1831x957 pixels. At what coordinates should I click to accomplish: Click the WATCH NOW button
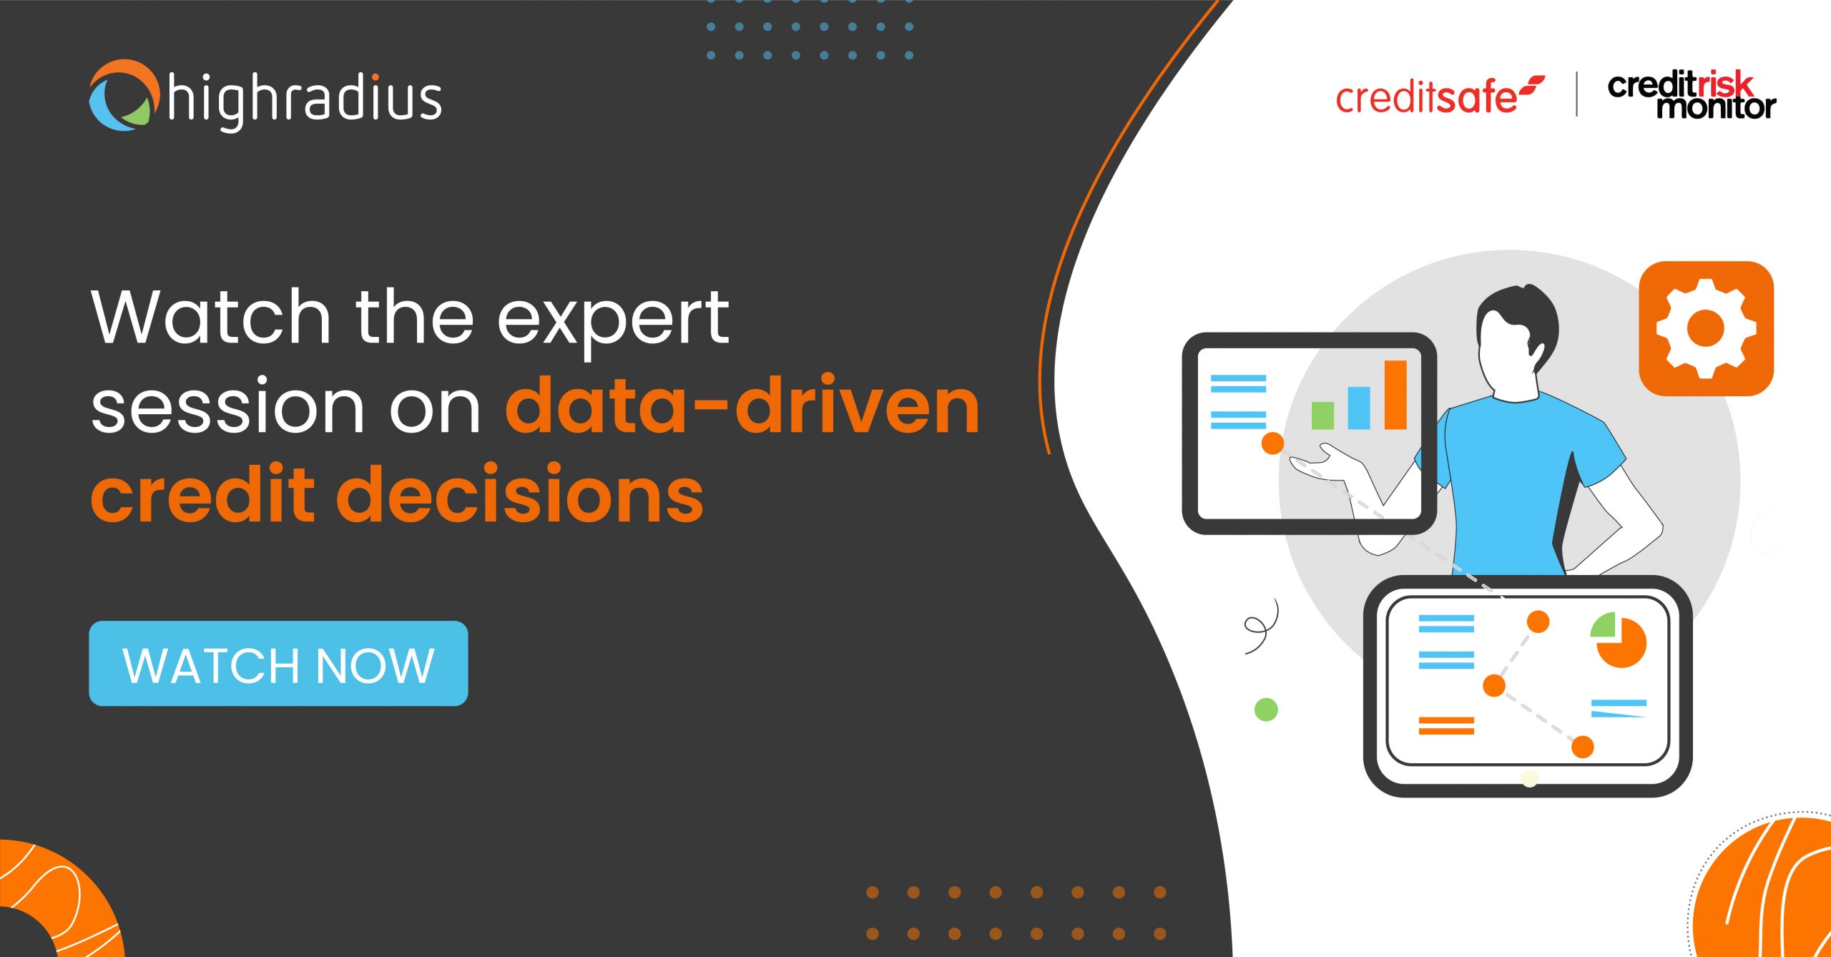coord(278,664)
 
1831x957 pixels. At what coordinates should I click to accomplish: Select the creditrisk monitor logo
coord(1691,95)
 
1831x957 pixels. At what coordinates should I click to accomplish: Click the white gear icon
coord(1706,328)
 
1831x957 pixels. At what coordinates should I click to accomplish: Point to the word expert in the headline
coord(613,318)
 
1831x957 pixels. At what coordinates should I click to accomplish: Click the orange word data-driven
coord(742,407)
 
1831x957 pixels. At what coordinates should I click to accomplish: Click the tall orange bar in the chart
coord(1395,395)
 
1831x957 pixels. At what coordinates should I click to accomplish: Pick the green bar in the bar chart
coord(1322,415)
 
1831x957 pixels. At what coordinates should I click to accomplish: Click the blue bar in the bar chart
coord(1358,408)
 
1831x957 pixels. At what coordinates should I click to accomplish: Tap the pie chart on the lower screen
coord(1620,639)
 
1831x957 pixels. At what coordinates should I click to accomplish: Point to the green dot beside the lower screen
coord(1266,710)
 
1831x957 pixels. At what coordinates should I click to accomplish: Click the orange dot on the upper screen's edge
coord(1272,443)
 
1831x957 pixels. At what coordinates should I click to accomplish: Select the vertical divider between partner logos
coord(1576,94)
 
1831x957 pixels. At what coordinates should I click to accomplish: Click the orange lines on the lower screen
coord(1446,726)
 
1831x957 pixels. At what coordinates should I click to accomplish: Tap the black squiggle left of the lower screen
coord(1261,627)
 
